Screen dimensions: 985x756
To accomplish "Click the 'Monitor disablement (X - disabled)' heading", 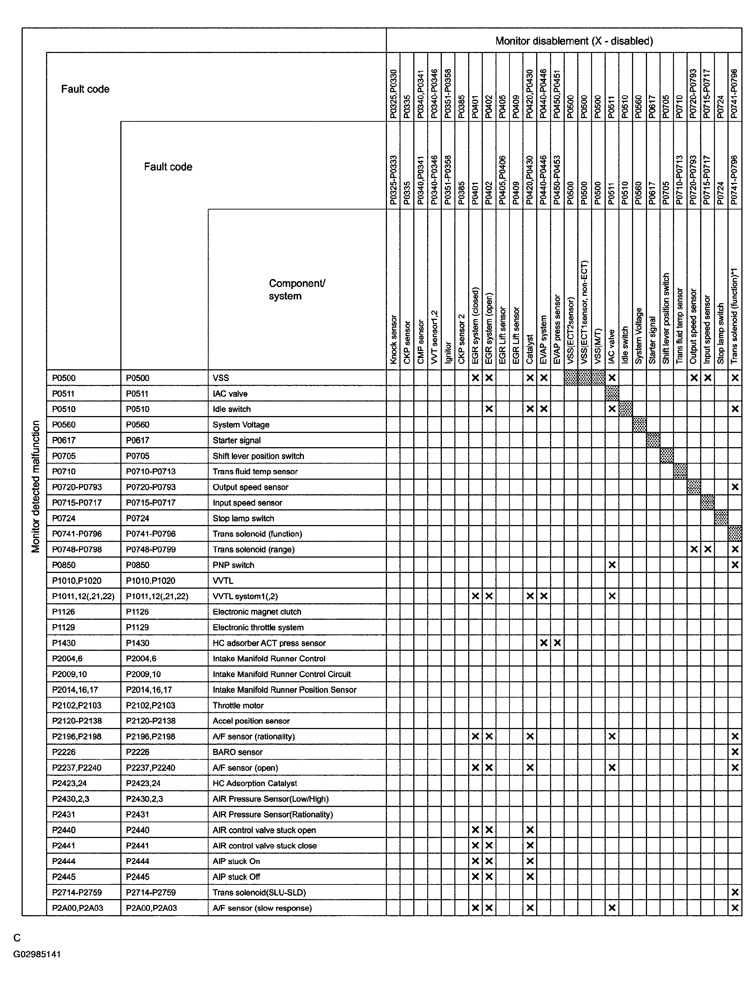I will [x=574, y=41].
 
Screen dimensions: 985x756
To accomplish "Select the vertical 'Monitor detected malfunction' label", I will [x=36, y=486].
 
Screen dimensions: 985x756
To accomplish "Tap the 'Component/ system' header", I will [x=297, y=289].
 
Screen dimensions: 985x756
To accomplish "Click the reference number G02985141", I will [x=37, y=954].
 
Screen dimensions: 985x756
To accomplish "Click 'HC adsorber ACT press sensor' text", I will [x=269, y=643].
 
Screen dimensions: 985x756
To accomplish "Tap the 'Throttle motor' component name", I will [x=238, y=705].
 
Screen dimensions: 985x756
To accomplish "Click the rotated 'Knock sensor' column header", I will [x=393, y=339].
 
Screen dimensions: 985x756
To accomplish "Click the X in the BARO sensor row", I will [x=735, y=752].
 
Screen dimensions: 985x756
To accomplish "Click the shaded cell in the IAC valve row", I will [x=612, y=393].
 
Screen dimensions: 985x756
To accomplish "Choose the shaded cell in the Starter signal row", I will [x=653, y=440].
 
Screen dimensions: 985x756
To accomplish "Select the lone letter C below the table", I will [x=17, y=938].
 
